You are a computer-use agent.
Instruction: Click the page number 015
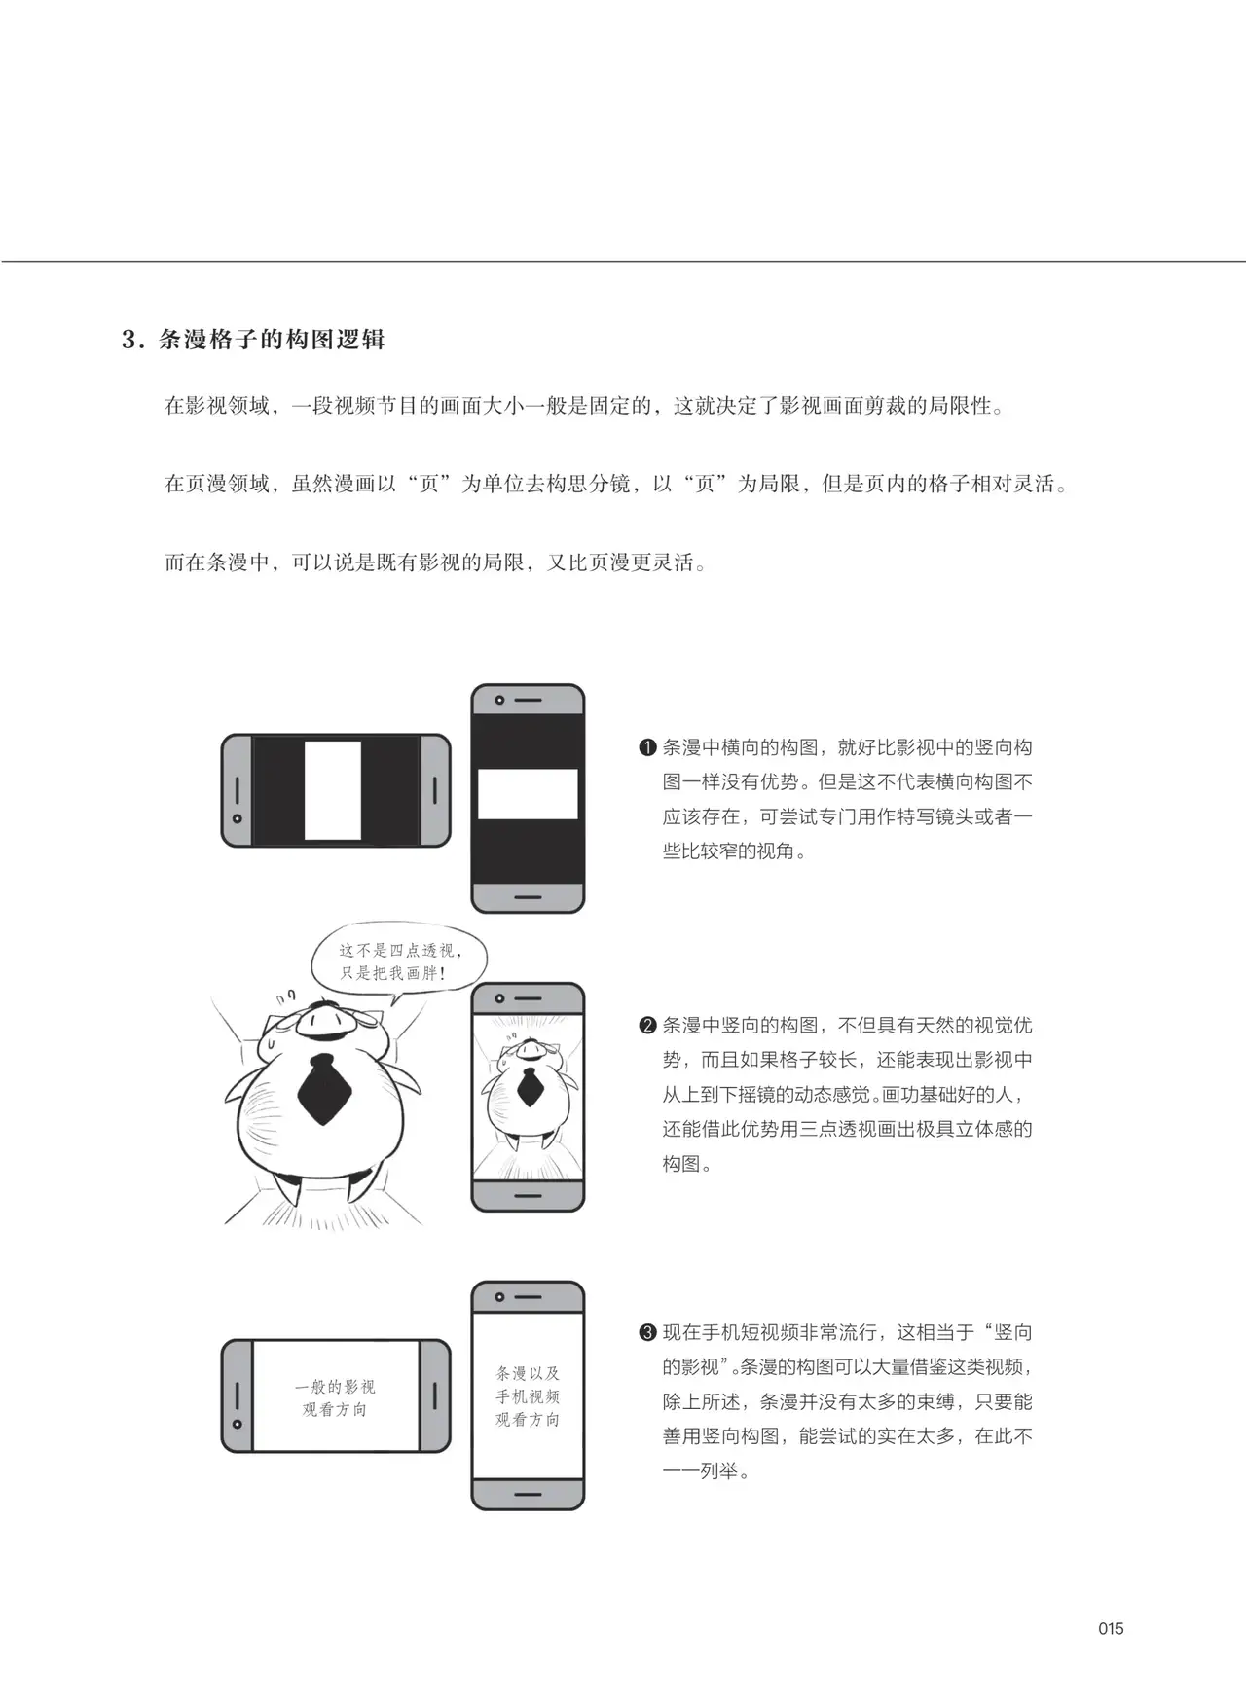(1110, 1629)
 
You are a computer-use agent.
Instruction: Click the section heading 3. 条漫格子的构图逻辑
(253, 340)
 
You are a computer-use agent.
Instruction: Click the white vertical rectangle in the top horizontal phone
(333, 790)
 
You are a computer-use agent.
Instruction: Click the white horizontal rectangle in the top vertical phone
(528, 794)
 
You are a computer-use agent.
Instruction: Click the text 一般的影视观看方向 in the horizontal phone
(335, 1398)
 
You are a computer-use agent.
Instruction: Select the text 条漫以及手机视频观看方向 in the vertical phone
(528, 1396)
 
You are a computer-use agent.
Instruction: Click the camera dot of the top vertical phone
(499, 701)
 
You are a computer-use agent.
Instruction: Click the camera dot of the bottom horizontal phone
(238, 1425)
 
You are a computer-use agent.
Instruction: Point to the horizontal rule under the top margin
(623, 261)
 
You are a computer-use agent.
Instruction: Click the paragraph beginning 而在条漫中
(435, 562)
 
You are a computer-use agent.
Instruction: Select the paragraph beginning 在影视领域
(584, 406)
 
